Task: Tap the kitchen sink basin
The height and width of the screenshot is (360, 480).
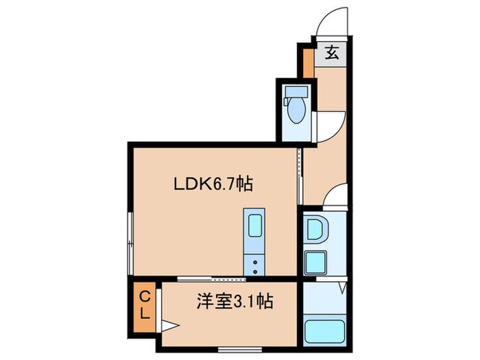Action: click(254, 225)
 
